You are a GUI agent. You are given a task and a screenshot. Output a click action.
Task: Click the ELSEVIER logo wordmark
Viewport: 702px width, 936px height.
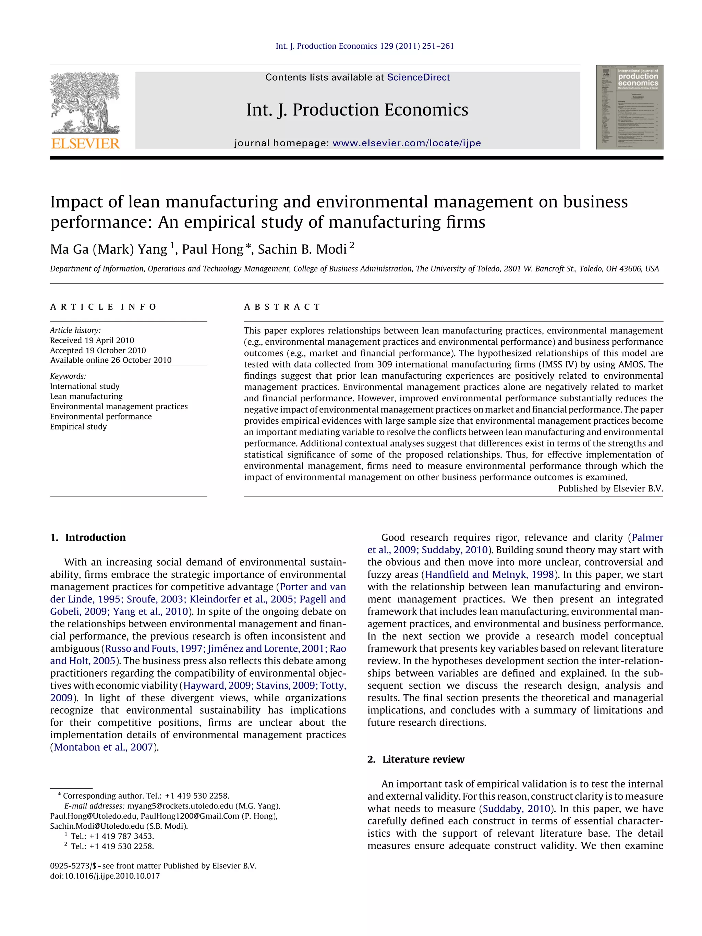point(85,144)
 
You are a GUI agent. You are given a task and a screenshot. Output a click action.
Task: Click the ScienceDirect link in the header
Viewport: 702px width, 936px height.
point(418,77)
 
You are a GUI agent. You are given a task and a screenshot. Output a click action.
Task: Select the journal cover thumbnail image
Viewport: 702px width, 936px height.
point(629,107)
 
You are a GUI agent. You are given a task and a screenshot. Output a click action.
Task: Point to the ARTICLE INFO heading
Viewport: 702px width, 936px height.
point(103,307)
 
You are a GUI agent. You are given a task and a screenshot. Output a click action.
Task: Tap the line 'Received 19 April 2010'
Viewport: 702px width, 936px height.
point(92,340)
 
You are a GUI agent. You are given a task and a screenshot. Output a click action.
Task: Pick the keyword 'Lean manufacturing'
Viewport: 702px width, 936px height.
point(86,397)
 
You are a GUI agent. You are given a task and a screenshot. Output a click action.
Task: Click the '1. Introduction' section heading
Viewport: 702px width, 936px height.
point(88,537)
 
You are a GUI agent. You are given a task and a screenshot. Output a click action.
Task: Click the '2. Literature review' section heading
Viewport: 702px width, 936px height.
point(415,759)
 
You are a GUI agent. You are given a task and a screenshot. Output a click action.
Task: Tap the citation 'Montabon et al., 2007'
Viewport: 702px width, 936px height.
point(103,747)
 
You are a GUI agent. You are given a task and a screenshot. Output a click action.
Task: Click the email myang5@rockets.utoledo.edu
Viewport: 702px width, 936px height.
point(180,806)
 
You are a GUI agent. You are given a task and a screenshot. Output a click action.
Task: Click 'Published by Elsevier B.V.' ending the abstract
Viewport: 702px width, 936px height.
point(610,489)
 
